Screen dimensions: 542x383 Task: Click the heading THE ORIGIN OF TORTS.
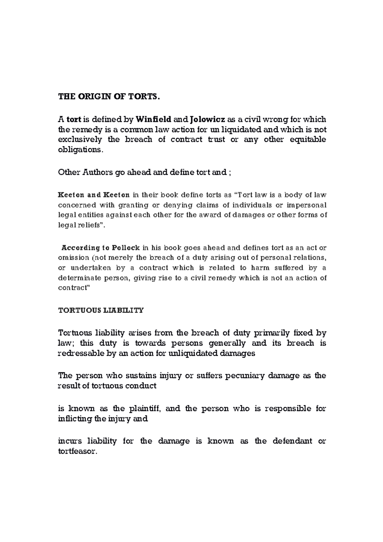click(108, 97)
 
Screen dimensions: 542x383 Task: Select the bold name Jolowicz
click(207, 120)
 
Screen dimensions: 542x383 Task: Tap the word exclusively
click(80, 140)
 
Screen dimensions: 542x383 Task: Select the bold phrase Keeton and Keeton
click(94, 195)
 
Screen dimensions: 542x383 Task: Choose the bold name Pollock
click(126, 248)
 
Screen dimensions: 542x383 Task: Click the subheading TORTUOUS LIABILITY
click(101, 310)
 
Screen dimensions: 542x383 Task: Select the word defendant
click(292, 441)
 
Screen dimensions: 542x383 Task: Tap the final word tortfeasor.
click(77, 452)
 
